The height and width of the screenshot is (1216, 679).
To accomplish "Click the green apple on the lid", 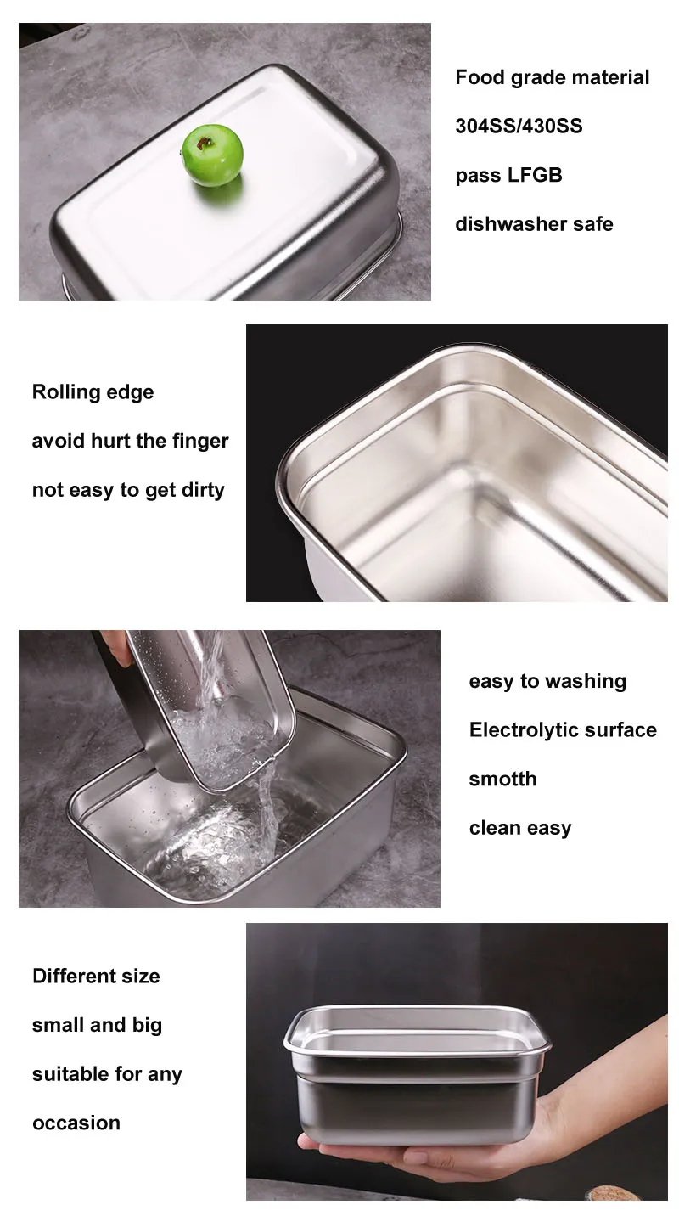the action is [x=211, y=155].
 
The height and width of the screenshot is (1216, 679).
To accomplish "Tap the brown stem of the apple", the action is [x=205, y=144].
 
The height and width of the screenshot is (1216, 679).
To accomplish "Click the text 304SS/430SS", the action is [x=519, y=126].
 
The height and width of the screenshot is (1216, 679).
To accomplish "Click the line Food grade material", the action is [x=552, y=77].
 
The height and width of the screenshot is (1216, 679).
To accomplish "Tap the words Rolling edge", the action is [x=93, y=392].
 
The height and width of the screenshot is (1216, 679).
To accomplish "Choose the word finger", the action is [x=200, y=441].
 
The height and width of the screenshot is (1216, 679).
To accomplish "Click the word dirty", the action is [x=203, y=490].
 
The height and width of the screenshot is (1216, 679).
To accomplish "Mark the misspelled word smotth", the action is [x=502, y=779].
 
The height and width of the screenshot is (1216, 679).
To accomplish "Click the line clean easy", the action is [x=520, y=828].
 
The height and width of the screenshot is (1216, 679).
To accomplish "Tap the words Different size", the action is [x=96, y=976].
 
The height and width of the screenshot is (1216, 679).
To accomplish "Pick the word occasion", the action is [x=76, y=1123].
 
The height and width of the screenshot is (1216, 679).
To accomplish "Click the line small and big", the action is [x=97, y=1026].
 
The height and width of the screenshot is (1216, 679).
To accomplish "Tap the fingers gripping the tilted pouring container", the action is [x=115, y=646].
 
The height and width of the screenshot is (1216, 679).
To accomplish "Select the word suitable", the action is [x=70, y=1074].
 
